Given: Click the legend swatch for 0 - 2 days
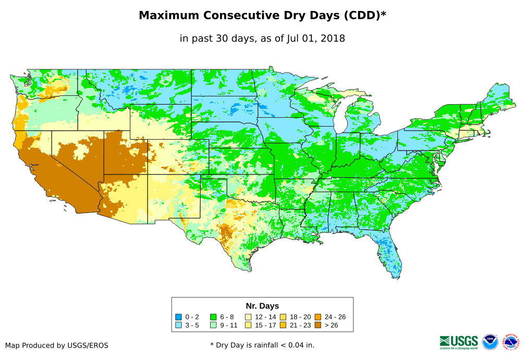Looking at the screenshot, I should [178, 317].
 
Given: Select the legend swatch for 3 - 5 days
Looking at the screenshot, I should [178, 325].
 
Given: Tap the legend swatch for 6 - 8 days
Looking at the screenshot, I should [213, 317].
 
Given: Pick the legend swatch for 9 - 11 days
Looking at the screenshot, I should [213, 325].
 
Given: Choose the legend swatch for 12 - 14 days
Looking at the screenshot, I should [248, 317].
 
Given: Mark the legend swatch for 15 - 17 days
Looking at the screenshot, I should [248, 325].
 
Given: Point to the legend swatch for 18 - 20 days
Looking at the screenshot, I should [283, 317].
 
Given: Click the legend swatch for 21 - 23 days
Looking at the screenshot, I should [283, 325].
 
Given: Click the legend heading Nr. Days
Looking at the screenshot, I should [262, 306].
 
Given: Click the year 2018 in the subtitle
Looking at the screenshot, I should [333, 39].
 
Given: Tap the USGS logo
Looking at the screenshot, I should [459, 342].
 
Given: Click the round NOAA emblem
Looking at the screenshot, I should [490, 342].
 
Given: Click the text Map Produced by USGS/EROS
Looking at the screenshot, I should [57, 345].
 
